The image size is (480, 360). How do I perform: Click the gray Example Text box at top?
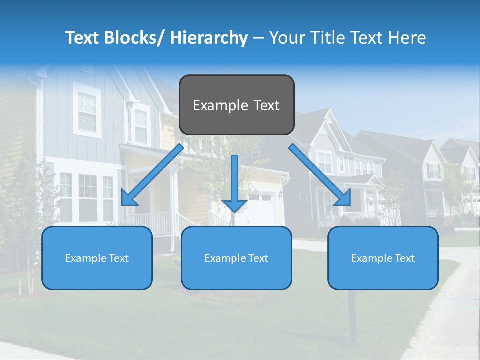pos(236,105)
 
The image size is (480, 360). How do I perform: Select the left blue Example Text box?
pos(97,258)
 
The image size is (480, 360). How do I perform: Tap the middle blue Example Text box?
pos(236,258)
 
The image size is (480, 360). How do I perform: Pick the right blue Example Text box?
pos(383,258)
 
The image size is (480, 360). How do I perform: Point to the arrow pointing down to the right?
pos(320,175)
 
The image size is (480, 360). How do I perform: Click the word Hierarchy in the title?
pos(209,38)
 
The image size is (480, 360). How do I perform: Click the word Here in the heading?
pos(407,38)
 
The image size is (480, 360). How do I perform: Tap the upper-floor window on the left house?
pos(87,111)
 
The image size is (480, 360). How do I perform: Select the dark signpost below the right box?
pos(352,315)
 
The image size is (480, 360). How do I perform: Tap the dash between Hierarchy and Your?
pos(258,38)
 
